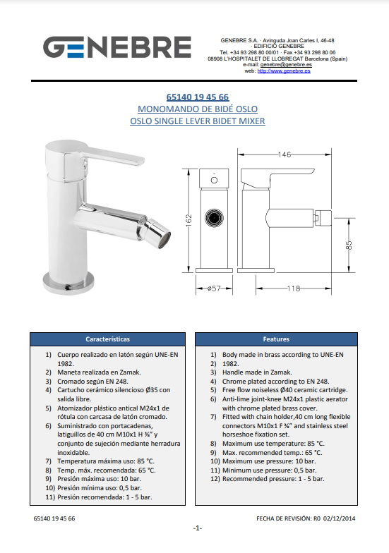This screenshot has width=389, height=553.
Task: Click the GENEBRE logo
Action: [117, 47]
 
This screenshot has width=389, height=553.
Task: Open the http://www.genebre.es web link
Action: [284, 71]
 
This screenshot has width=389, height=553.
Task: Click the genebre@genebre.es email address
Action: [286, 65]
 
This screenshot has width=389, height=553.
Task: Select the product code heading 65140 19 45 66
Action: [198, 97]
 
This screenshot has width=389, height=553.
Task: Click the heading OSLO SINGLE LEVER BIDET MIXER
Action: [198, 121]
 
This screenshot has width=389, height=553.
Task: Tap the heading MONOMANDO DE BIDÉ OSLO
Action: [198, 109]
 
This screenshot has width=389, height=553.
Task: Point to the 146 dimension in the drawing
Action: [285, 154]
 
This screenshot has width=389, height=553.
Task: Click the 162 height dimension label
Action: [189, 220]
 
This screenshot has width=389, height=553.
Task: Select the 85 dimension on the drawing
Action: [349, 245]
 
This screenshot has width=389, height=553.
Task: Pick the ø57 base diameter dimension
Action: [214, 288]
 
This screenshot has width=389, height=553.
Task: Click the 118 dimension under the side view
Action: [294, 288]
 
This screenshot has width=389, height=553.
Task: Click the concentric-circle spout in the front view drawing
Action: [214, 217]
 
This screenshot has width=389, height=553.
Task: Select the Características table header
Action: [107, 339]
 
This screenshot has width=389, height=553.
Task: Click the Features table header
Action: [276, 339]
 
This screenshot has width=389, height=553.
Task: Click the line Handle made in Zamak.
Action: [257, 372]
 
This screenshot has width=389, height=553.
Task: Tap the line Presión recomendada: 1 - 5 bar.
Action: [104, 497]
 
